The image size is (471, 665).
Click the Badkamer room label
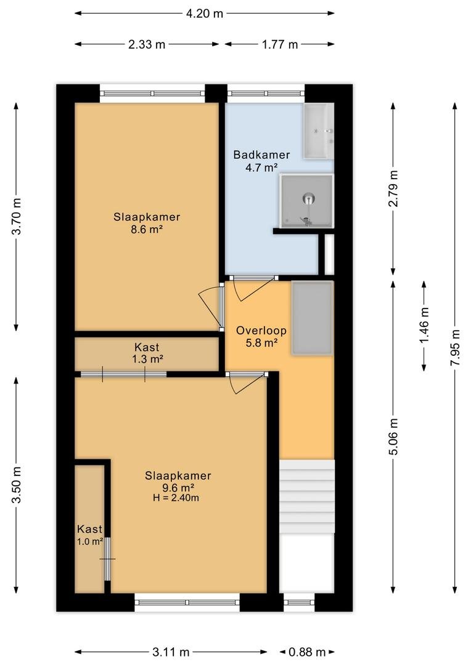point(261,155)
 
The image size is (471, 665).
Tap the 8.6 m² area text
point(147,230)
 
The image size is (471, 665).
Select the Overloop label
point(261,331)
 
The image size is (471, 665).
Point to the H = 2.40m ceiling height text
point(176,498)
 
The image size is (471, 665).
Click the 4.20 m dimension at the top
point(204,13)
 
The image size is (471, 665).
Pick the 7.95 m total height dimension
point(455,347)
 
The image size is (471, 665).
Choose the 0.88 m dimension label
point(307,652)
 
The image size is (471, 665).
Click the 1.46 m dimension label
point(424,325)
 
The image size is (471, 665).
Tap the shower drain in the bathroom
point(309,198)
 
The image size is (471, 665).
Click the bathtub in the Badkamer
point(319,131)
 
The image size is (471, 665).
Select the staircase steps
point(306,496)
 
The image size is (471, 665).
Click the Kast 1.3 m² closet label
point(147,353)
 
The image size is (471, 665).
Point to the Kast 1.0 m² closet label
point(89,535)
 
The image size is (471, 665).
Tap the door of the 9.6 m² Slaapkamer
point(247,382)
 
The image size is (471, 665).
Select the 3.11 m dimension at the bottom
point(171,652)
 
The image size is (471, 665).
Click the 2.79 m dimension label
point(393,188)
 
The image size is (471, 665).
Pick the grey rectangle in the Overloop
point(312,318)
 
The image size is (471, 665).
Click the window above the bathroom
point(266,94)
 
